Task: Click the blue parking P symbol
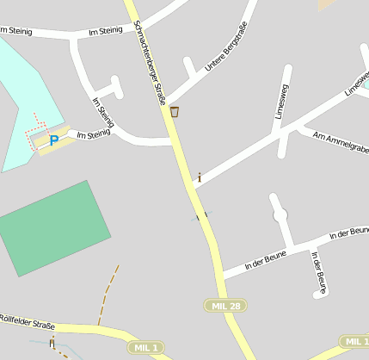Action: pos(53,140)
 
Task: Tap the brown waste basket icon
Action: pos(175,111)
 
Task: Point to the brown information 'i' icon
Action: pos(200,177)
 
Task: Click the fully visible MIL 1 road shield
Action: pos(145,347)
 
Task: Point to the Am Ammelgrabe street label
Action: pos(341,143)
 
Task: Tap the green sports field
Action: pos(53,227)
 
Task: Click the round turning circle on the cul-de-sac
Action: pos(280,215)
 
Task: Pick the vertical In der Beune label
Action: pos(318,269)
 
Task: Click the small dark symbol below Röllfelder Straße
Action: pos(52,344)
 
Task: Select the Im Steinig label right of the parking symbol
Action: pos(94,134)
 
